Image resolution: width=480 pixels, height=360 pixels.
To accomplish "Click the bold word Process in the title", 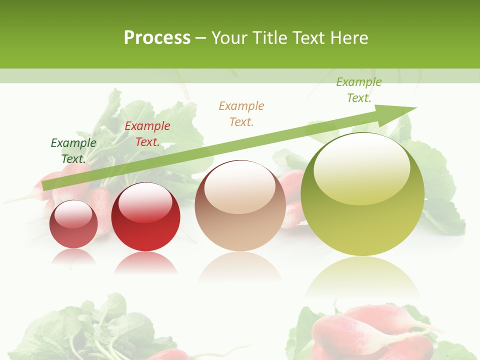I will [157, 37].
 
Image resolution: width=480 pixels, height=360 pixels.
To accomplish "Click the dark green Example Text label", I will [73, 151].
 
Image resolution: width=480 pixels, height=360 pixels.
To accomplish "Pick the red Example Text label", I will [147, 134].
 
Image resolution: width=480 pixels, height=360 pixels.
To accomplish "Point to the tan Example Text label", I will [241, 113].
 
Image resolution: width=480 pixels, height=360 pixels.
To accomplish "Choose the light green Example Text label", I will [359, 90].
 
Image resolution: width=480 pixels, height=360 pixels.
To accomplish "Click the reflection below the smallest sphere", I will [73, 255].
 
